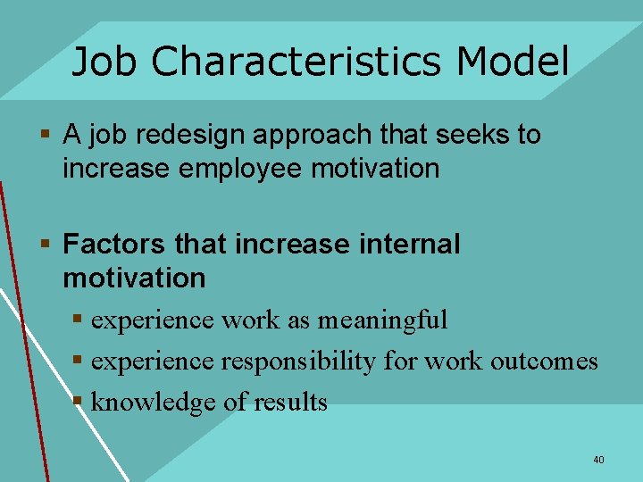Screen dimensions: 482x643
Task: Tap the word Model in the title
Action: pos(512,62)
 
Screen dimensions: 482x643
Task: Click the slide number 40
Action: pos(598,460)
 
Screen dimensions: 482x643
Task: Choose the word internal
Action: pos(407,244)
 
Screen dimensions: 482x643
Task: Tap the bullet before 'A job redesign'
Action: pos(45,136)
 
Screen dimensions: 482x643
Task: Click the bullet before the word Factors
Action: pos(45,245)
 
